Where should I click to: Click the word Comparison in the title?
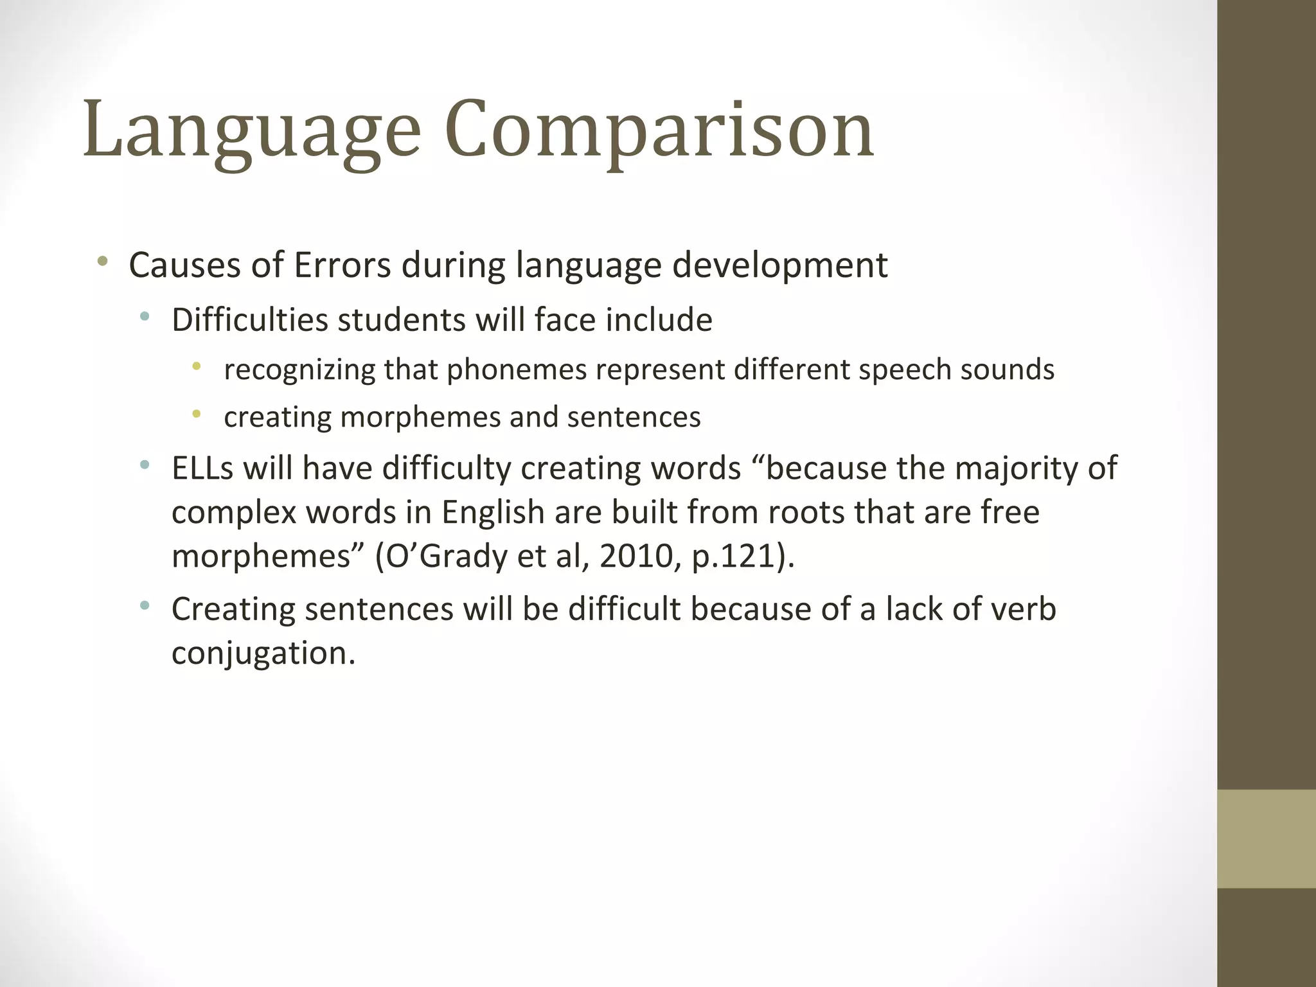pos(659,130)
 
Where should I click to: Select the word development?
pos(779,265)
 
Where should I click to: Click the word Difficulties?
pos(249,319)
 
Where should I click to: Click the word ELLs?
pos(202,468)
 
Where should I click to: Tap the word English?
pos(493,512)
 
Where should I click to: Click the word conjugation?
pos(262,654)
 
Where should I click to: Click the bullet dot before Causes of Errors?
pos(103,262)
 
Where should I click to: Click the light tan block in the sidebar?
pos(1266,838)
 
